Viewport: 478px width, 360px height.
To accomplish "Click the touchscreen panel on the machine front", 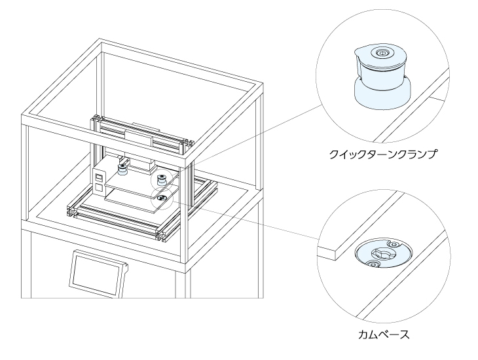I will tap(96, 273).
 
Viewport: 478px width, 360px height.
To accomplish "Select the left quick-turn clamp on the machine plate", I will tap(121, 169).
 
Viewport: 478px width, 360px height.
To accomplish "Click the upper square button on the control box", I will tap(99, 177).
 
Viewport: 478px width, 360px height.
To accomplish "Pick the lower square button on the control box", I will tap(98, 189).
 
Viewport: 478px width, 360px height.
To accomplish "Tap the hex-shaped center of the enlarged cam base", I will tap(381, 252).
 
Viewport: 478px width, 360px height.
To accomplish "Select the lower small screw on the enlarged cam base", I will tap(372, 264).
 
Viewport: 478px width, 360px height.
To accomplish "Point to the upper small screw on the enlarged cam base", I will tap(394, 243).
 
